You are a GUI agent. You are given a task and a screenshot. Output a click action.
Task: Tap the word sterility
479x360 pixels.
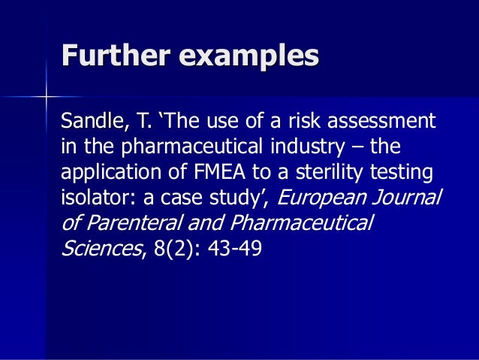[339, 173]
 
